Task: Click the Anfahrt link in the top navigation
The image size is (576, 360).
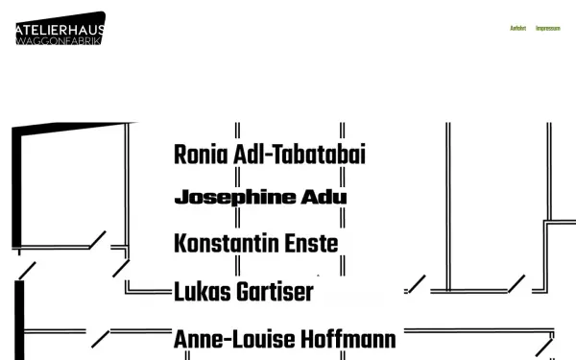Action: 517,28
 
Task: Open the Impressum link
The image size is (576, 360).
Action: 548,28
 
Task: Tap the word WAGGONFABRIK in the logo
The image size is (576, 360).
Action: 60,39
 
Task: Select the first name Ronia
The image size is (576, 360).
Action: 199,154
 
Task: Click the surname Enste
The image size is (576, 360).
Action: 312,244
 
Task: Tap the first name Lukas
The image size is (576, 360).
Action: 202,292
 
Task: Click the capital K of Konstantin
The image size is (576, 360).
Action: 180,244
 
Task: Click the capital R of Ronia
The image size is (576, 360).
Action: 180,154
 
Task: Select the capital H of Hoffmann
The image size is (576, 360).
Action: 306,339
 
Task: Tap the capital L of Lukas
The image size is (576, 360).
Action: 179,292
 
